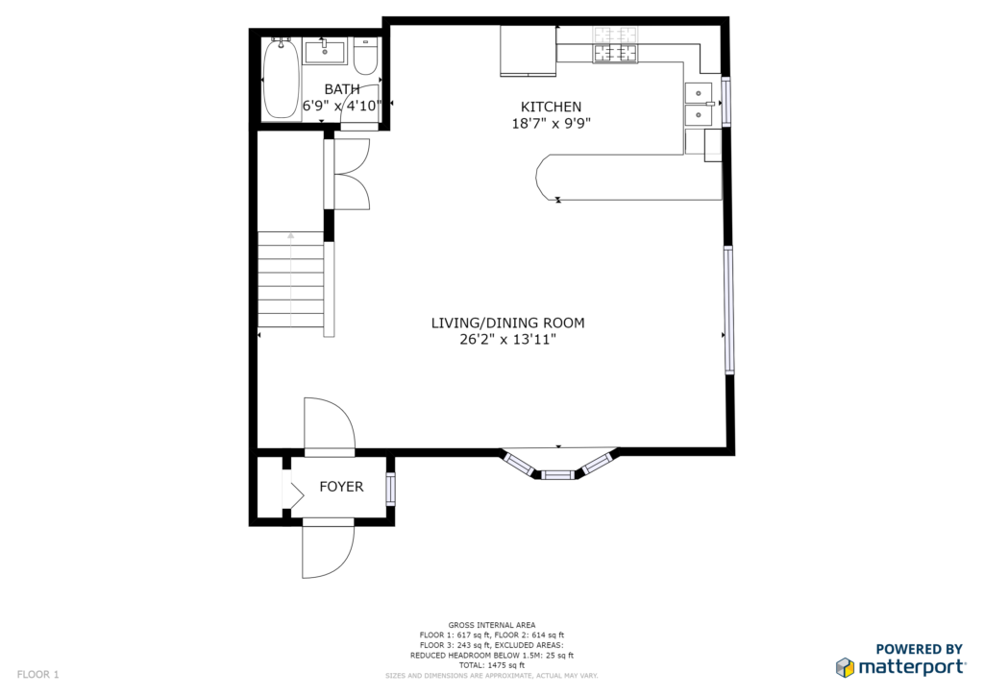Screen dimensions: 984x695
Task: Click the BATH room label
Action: coord(342,89)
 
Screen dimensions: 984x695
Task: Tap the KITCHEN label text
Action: coord(551,107)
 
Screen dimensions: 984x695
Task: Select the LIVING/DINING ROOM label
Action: coord(507,323)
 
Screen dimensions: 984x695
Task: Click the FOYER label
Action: coord(341,487)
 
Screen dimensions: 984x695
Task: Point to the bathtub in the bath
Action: coord(281,78)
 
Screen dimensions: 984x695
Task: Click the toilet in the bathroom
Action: coord(365,57)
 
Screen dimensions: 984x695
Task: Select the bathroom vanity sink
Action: coord(325,52)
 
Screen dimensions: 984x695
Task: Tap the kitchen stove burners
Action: coord(616,44)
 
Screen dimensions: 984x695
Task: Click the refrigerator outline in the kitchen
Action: coord(528,51)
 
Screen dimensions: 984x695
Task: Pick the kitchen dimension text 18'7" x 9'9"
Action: coord(551,123)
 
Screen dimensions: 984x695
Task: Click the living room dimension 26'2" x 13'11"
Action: coord(507,340)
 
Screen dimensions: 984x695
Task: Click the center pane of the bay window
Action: coord(558,474)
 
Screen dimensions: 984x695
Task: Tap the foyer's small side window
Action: coord(391,490)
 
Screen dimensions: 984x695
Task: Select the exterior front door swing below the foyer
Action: coord(328,548)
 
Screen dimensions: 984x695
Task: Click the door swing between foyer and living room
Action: coord(329,423)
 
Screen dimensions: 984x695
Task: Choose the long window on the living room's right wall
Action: coord(728,310)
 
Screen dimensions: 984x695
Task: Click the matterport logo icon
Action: coord(846,667)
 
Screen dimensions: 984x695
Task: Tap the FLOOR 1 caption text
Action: coord(37,674)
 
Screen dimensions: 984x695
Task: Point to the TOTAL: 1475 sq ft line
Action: coord(491,665)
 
